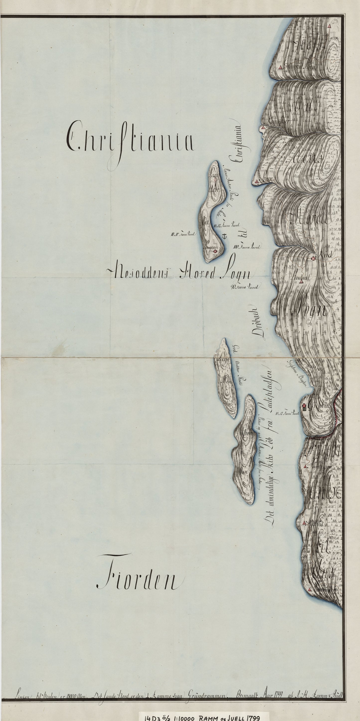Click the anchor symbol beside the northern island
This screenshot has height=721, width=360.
point(223,236)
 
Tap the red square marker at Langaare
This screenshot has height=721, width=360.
point(215,251)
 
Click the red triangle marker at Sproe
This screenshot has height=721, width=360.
point(256,181)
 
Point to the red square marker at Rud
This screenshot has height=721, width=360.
point(314,258)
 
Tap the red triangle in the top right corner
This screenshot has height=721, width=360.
point(329,26)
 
